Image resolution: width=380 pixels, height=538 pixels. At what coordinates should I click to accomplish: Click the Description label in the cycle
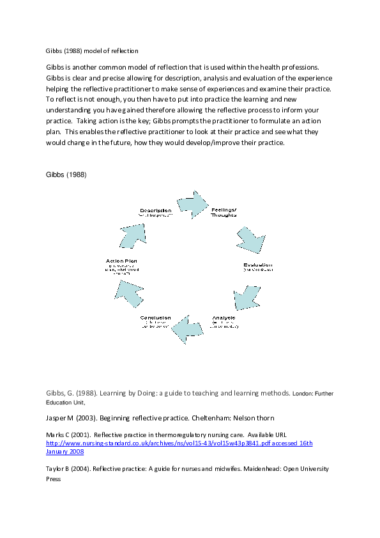point(155,210)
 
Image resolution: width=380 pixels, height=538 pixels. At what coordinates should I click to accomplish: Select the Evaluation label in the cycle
point(257,265)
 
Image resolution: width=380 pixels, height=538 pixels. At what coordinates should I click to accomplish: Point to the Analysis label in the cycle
point(224,318)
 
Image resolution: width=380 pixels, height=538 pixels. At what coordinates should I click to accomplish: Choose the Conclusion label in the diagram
point(155,318)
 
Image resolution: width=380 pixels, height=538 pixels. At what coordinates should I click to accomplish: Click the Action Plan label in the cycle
point(121,261)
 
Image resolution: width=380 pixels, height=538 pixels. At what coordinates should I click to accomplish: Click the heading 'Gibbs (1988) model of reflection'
point(92,50)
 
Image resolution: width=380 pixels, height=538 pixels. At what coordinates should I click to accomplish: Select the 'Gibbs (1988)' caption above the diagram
point(66,174)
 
